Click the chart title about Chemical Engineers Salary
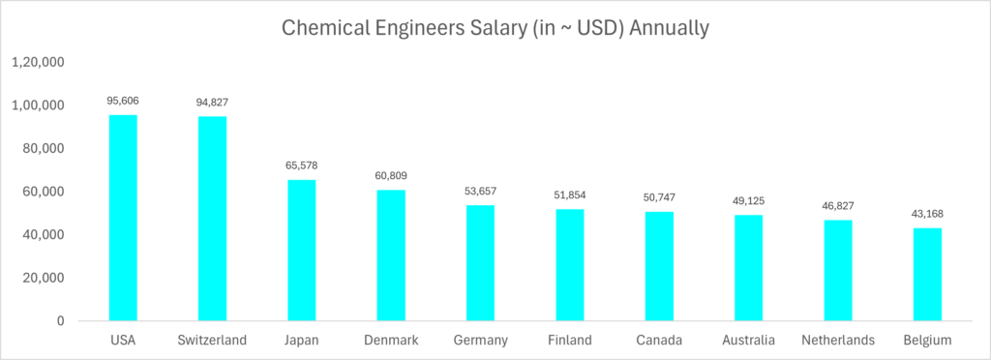[495, 28]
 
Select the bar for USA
[123, 218]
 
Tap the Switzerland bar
[212, 219]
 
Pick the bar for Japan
[302, 250]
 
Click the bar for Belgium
[927, 274]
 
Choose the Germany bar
[480, 262]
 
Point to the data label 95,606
[123, 101]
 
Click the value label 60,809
[391, 175]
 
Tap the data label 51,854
[569, 195]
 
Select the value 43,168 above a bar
[927, 213]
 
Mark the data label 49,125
[748, 200]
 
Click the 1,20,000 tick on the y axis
[38, 62]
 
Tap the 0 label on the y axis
[60, 320]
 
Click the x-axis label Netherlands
[838, 341]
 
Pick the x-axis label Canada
[659, 341]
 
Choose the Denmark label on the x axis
[391, 341]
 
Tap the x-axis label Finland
[569, 341]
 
